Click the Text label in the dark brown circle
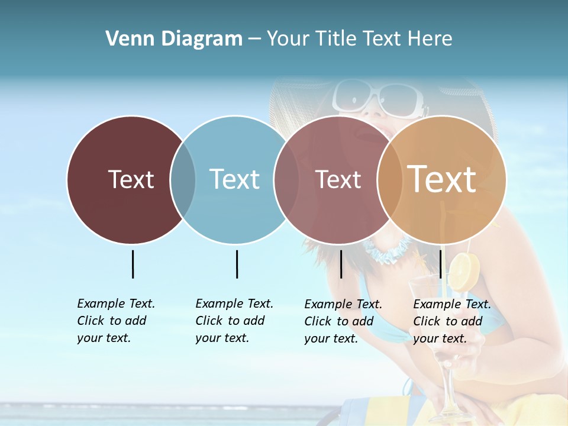[x=131, y=179]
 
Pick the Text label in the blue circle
[x=234, y=179]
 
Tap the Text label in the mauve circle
[x=338, y=179]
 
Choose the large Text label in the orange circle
[x=442, y=179]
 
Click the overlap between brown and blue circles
[x=183, y=180]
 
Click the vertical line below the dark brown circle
[x=133, y=264]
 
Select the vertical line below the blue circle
[x=237, y=264]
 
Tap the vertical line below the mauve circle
[x=341, y=264]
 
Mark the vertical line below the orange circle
[x=441, y=264]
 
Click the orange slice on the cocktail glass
[x=463, y=272]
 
